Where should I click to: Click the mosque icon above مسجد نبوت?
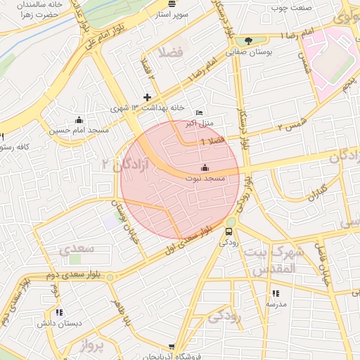pyautogui.click(x=205, y=167)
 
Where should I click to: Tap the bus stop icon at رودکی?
pyautogui.click(x=229, y=231)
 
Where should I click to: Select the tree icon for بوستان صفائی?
pyautogui.click(x=247, y=40)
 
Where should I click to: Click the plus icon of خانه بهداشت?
pyautogui.click(x=147, y=97)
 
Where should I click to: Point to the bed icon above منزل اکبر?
pyautogui.click(x=199, y=112)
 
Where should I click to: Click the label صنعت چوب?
pyautogui.click(x=291, y=10)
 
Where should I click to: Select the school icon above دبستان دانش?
pyautogui.click(x=60, y=312)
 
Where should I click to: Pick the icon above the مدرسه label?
pyautogui.click(x=275, y=293)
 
